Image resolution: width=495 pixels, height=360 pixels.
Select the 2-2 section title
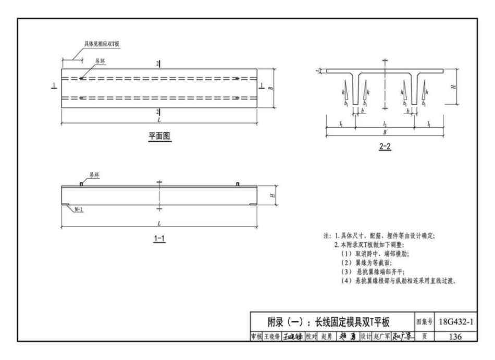point(385,146)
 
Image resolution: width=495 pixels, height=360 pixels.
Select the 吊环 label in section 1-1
point(94,176)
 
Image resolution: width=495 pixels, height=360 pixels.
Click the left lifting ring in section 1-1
point(81,183)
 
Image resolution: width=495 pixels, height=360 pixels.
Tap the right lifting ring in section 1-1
point(238,183)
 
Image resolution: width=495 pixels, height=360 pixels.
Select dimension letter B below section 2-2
point(385,133)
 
